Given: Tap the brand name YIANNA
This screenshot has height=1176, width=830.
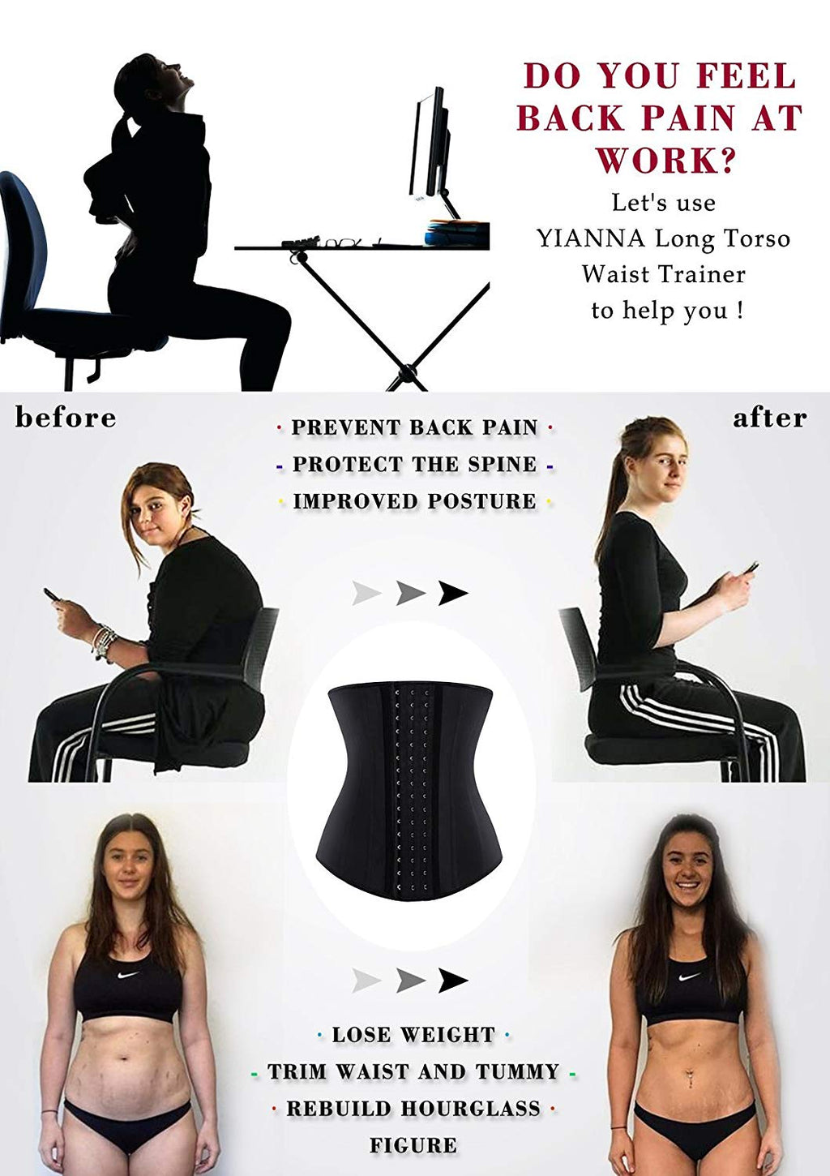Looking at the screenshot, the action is click(x=590, y=239).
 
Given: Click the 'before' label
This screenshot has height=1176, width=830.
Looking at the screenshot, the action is click(x=66, y=418).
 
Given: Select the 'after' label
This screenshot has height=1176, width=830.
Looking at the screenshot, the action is click(x=770, y=418).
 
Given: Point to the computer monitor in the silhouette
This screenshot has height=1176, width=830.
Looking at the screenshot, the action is click(x=430, y=152).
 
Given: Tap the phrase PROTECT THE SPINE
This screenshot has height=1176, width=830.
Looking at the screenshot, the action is click(x=414, y=464).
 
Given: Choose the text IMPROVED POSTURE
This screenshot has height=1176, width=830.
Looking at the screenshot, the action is click(x=414, y=501).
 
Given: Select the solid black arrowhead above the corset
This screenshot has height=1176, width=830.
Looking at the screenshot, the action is click(x=453, y=593).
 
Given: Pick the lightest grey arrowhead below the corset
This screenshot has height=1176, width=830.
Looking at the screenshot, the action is click(x=366, y=981).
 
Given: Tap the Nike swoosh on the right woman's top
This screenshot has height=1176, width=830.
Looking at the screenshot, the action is click(x=690, y=976).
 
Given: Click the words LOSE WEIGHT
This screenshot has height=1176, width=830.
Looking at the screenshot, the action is click(x=413, y=1035).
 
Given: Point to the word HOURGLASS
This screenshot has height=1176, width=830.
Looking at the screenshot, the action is click(x=471, y=1108).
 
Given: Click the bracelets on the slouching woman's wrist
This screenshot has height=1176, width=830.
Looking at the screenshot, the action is click(x=104, y=644).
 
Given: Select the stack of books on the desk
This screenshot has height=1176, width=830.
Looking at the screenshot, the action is click(x=457, y=233).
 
